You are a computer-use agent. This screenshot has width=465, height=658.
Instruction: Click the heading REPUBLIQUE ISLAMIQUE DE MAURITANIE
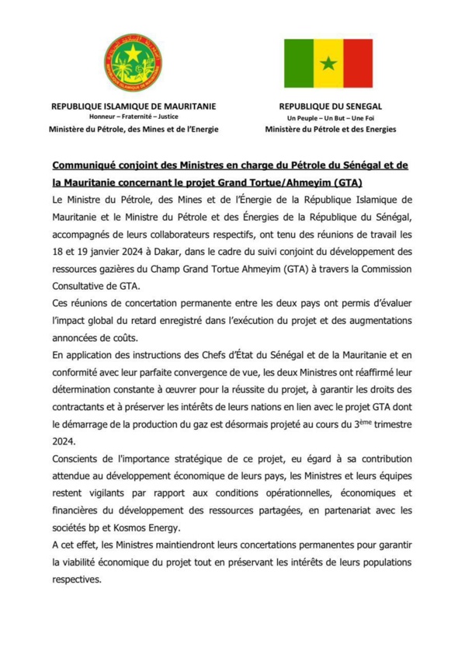coord(134,106)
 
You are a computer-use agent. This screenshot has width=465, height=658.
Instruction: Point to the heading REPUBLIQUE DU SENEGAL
coord(330,106)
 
